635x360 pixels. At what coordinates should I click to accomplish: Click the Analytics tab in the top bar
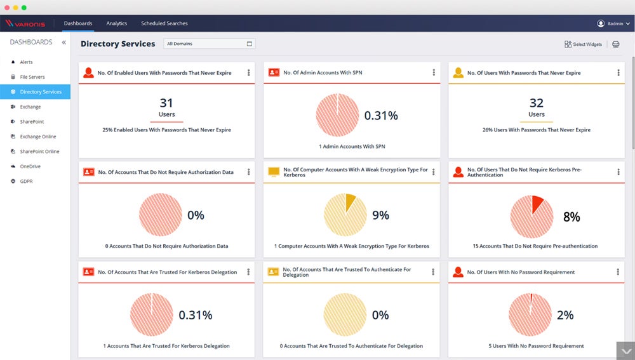point(117,23)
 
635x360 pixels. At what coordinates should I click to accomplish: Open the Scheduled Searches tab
point(164,23)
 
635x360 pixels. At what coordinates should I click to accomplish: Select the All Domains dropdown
point(209,44)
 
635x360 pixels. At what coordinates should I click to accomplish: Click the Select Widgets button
point(583,44)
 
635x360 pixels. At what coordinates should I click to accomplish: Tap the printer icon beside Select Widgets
point(615,44)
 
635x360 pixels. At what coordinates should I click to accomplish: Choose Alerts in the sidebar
point(26,62)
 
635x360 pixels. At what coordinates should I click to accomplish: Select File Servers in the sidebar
point(32,77)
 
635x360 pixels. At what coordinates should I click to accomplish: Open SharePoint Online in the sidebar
point(39,152)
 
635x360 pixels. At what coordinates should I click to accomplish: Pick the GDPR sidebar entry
point(26,181)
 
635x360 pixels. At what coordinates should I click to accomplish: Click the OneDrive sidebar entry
point(30,166)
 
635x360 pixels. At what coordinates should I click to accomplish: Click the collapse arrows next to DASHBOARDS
point(63,43)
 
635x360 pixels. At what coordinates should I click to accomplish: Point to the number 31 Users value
point(166,103)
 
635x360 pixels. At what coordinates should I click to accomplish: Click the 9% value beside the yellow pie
point(380,215)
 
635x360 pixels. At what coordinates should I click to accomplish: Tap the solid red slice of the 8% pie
point(537,204)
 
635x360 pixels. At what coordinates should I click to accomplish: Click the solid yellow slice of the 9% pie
point(351,203)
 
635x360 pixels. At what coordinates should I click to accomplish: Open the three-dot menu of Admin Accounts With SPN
point(434,72)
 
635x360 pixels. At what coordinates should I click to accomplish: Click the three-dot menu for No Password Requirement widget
point(618,272)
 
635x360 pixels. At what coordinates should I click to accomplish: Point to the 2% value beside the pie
point(565,315)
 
